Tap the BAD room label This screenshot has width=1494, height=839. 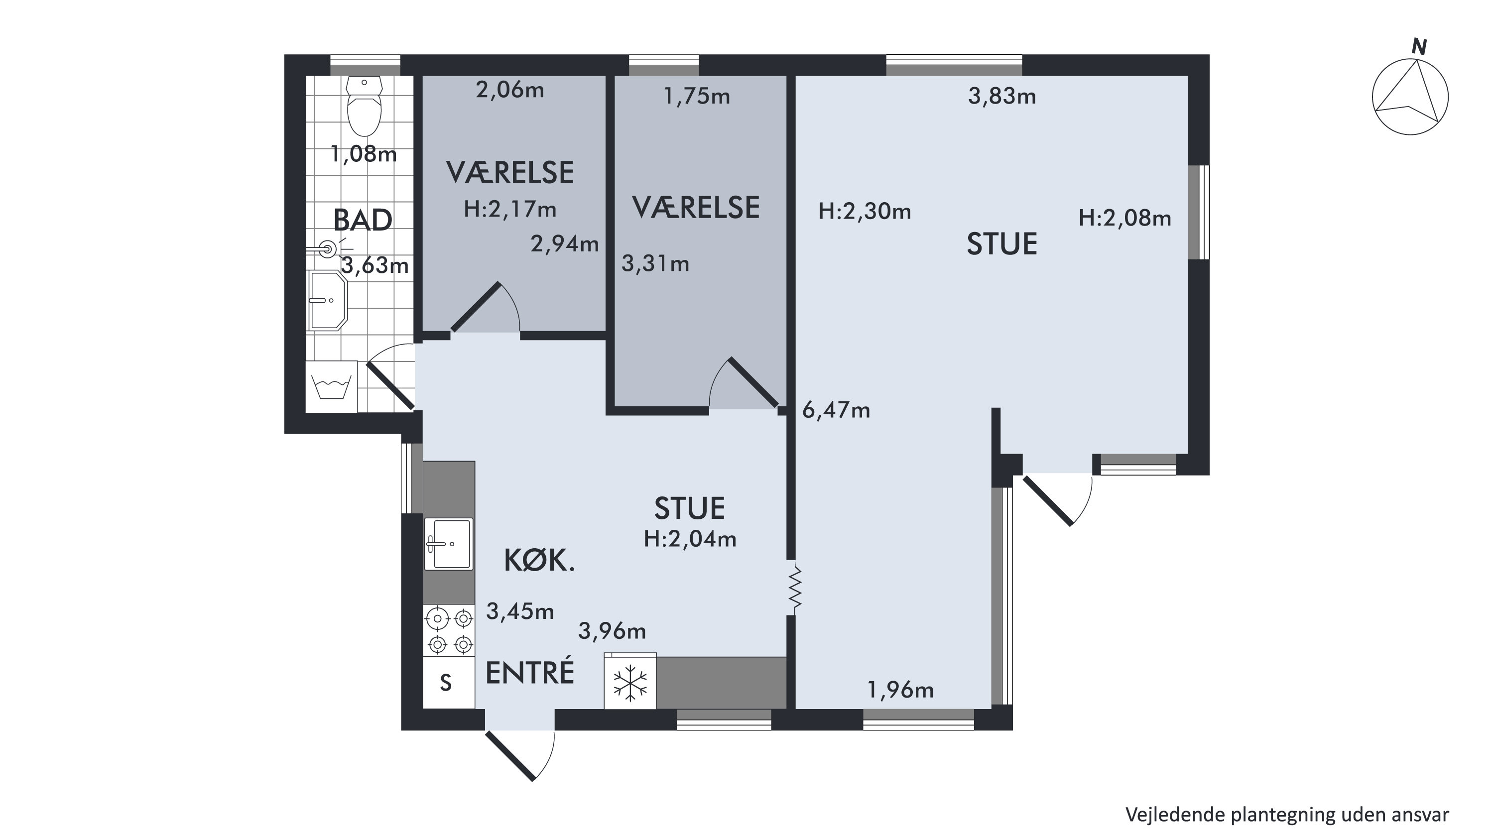coord(363,221)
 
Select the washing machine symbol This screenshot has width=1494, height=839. coord(331,387)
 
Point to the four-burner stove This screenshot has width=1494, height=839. coord(449,631)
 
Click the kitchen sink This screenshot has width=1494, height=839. coord(448,544)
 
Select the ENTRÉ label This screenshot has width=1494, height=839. coord(530,673)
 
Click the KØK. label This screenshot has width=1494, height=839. coord(539,561)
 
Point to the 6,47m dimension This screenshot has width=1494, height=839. coord(836,410)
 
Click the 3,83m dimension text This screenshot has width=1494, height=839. coord(1002,96)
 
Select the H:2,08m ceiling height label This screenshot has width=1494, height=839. coord(1125,218)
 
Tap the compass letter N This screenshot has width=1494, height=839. coord(1419,47)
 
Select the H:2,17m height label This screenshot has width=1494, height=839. coord(510,209)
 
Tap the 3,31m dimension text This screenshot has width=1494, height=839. coord(656,264)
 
